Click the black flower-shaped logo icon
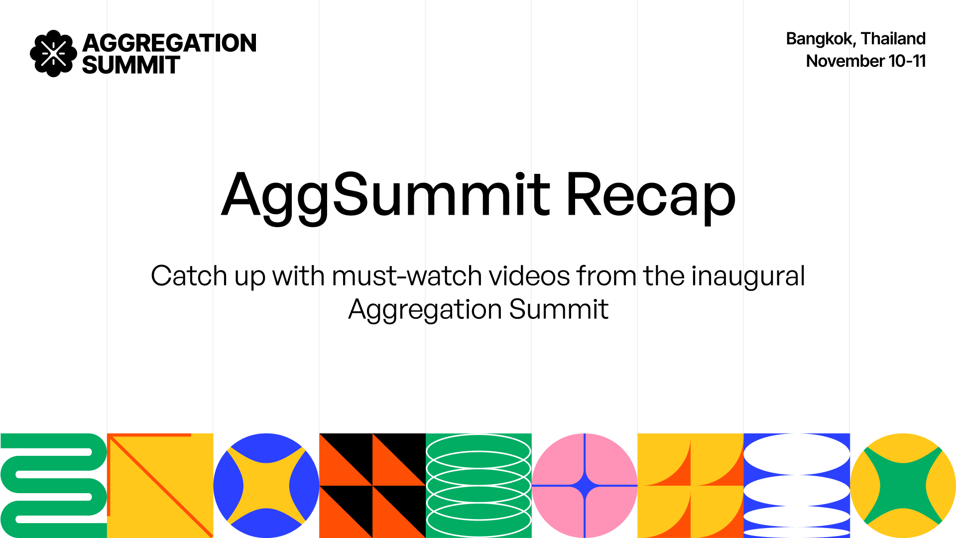click(53, 53)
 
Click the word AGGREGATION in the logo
click(169, 43)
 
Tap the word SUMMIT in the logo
click(130, 65)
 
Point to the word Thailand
click(893, 38)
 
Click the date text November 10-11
click(866, 61)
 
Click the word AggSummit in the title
click(386, 195)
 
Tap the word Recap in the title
click(651, 195)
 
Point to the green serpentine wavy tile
click(53, 485)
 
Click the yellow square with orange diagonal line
click(160, 485)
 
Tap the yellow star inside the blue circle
click(266, 485)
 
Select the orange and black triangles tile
click(372, 485)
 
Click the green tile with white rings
click(478, 485)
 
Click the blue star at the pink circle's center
click(585, 485)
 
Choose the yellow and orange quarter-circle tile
click(691, 485)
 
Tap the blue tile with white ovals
click(797, 485)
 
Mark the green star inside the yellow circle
click(903, 485)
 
